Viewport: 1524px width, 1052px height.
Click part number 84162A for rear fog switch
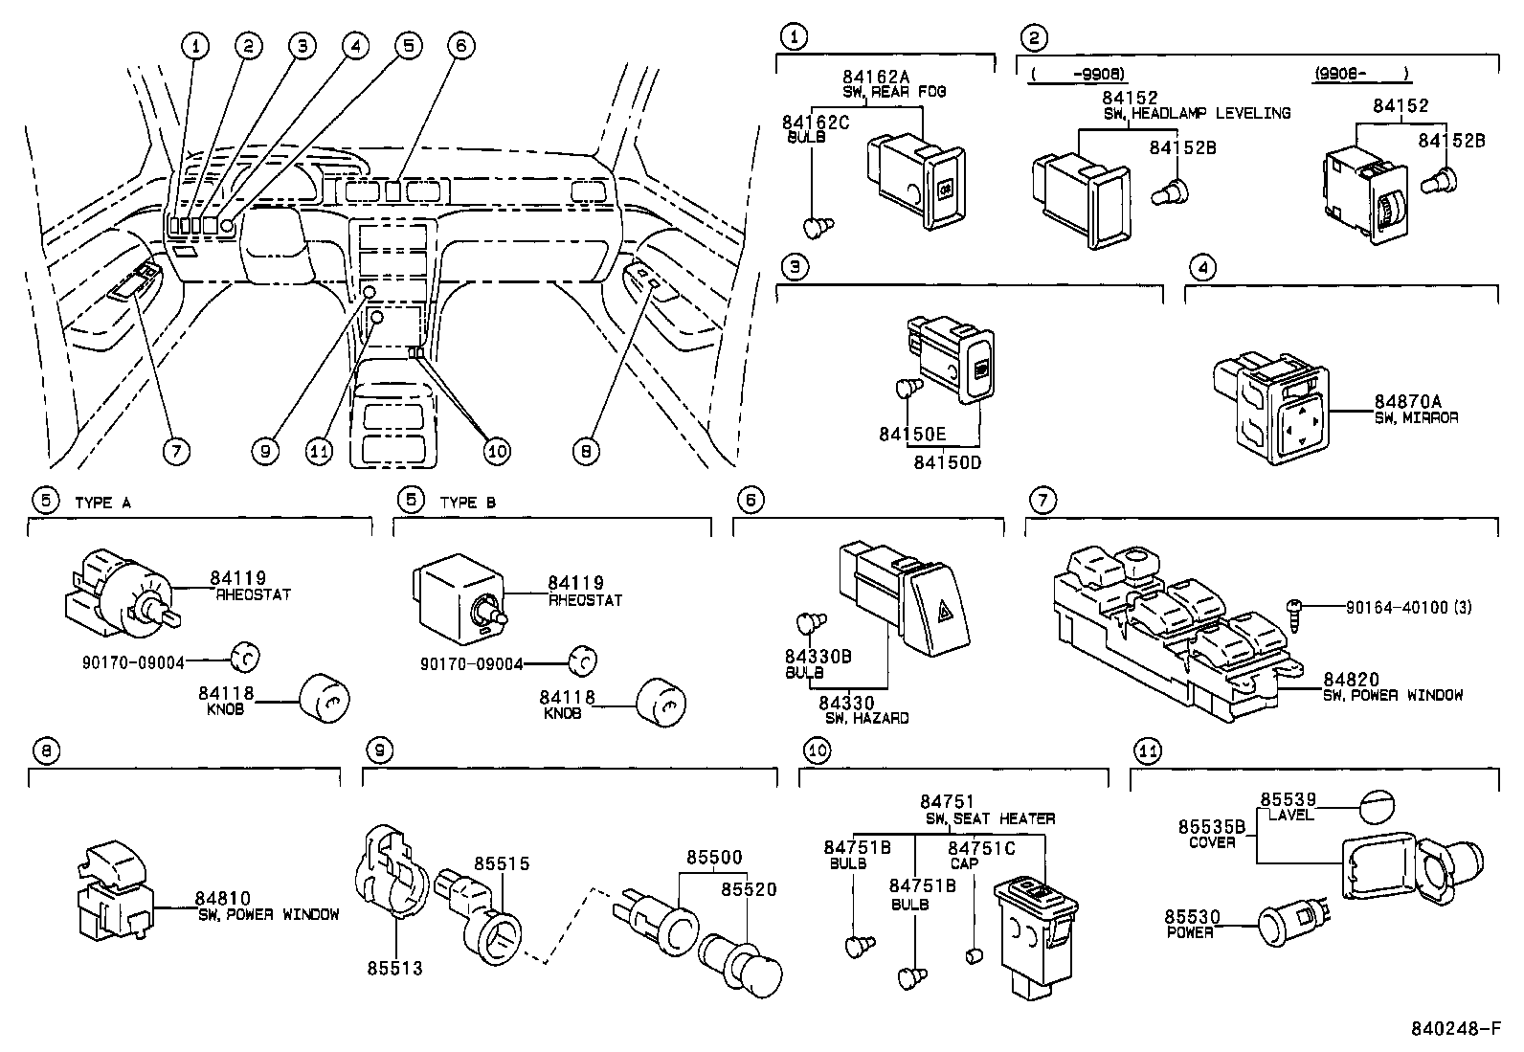(878, 77)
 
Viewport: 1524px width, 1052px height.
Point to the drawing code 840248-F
(1456, 1030)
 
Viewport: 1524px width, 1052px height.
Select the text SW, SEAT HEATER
(990, 818)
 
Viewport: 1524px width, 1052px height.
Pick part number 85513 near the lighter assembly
(393, 969)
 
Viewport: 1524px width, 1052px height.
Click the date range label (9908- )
(1361, 73)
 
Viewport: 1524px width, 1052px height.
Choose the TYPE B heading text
(468, 503)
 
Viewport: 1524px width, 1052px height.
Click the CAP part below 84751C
(974, 954)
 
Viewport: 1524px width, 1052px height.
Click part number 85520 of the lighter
(750, 889)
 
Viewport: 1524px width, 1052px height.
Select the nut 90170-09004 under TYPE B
(581, 660)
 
